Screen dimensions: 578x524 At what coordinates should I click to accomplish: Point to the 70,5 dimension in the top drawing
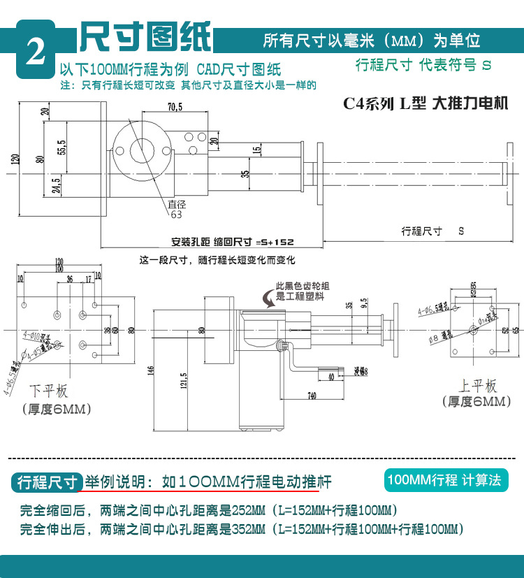click(175, 107)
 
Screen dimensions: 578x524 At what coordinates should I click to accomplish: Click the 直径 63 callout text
click(176, 210)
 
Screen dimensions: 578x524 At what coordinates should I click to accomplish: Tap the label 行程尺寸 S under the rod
click(432, 230)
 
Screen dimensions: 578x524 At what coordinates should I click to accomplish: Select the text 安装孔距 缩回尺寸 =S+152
click(233, 243)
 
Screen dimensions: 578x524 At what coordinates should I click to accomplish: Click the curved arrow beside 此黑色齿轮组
click(268, 299)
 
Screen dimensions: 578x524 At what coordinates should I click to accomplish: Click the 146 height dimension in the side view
click(151, 370)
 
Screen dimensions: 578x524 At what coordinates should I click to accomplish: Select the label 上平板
click(477, 385)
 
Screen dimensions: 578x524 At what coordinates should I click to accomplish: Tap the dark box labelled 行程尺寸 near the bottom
click(48, 482)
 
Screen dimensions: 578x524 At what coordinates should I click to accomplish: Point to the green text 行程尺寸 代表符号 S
click(423, 66)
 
